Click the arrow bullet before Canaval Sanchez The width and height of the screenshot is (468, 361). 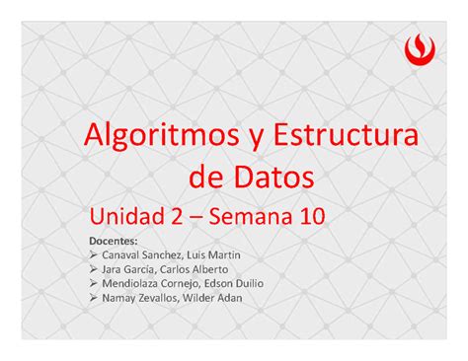(93, 253)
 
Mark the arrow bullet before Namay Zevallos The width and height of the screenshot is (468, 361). (93, 298)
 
